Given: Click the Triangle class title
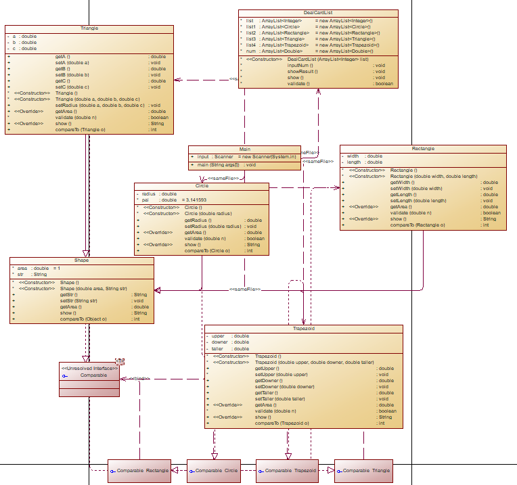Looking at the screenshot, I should tap(89, 29).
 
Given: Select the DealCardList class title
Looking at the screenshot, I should tap(318, 14).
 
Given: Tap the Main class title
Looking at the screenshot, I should tap(245, 149).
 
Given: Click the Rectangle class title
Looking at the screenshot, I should tap(423, 148).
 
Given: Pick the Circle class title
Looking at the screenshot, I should tap(202, 186).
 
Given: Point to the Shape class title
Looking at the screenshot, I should tap(82, 260).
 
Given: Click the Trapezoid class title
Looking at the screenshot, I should tap(304, 328).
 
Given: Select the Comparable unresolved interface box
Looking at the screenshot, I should tap(89, 375).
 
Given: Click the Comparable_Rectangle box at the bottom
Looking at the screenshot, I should tap(139, 471).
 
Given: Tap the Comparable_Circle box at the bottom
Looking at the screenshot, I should tap(215, 471).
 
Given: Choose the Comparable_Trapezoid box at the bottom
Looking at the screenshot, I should tap(287, 471).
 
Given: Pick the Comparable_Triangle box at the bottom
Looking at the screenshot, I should tap(363, 471).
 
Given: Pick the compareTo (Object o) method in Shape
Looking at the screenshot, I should tap(83, 319).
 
